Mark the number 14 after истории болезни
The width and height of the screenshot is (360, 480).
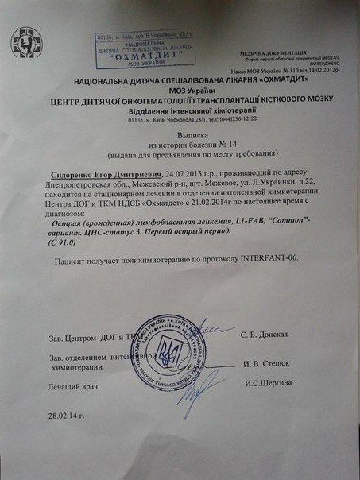point(222,147)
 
